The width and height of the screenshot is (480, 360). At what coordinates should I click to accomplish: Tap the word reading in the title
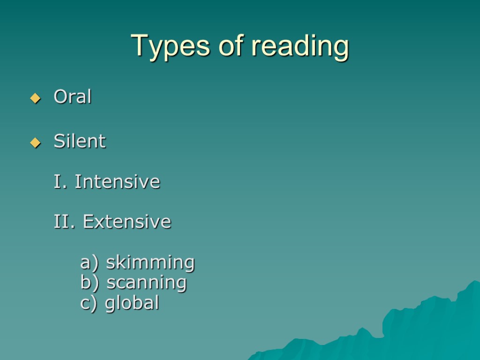[x=300, y=47]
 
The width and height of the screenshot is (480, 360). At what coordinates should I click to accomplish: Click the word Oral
[x=73, y=97]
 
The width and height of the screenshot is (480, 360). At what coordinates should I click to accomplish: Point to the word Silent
[x=80, y=141]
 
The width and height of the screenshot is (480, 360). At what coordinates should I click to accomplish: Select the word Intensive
[x=117, y=182]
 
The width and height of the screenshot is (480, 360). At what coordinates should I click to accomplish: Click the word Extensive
[x=127, y=222]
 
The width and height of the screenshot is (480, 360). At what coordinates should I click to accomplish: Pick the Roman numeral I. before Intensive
[x=60, y=182]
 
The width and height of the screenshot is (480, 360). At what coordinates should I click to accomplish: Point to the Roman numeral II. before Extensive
[x=64, y=222]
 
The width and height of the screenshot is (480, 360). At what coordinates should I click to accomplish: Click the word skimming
[x=150, y=262]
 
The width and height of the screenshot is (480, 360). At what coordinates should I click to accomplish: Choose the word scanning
[x=147, y=283]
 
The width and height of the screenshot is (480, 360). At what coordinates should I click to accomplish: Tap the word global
[x=132, y=303]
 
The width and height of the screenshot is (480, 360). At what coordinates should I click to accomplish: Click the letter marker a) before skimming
[x=90, y=262]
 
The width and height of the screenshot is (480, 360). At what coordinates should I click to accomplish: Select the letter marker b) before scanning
[x=90, y=283]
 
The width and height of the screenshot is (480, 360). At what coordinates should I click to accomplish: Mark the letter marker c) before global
[x=89, y=303]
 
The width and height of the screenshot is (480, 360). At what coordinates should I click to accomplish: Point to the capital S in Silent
[x=59, y=141]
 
